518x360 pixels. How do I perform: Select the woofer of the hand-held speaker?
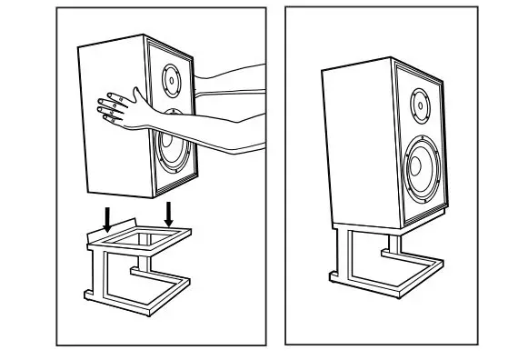[x=172, y=149]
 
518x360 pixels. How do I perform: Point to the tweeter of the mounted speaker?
[x=420, y=106]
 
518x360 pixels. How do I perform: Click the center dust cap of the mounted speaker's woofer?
[x=414, y=167]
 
